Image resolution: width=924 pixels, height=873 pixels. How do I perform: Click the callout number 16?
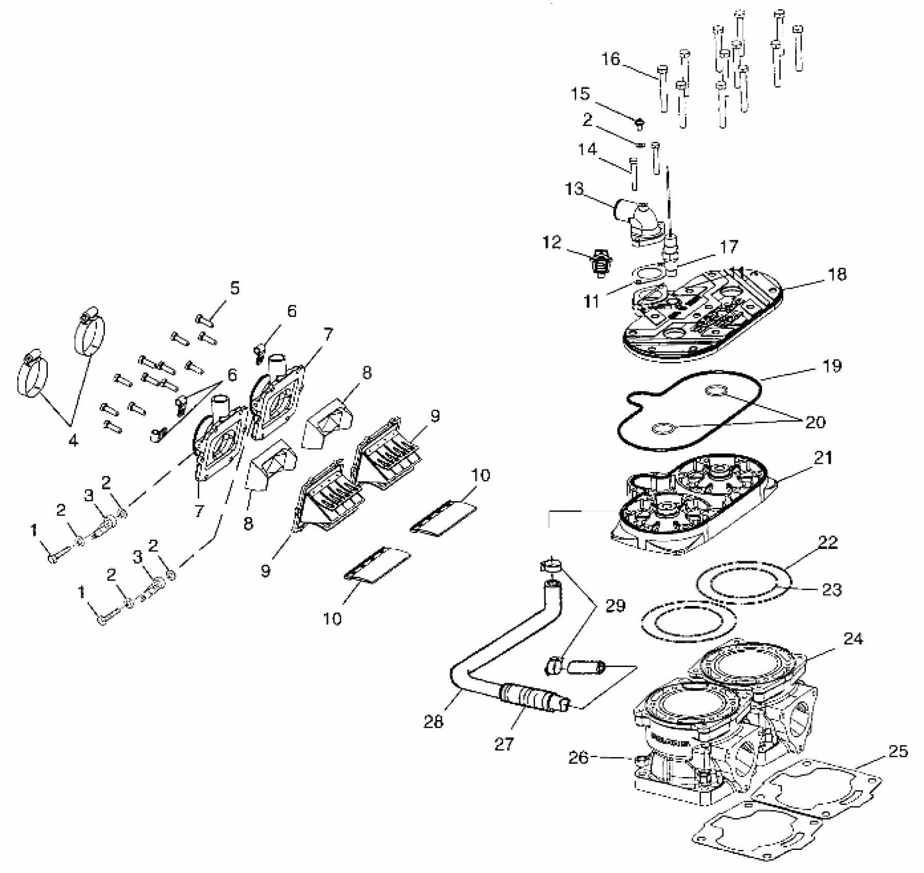611,59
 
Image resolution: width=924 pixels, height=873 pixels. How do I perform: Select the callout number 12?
552,242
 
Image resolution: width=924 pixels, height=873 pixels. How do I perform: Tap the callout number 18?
837,274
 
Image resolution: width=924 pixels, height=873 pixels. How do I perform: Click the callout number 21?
823,458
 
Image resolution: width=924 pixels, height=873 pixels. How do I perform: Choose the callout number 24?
853,639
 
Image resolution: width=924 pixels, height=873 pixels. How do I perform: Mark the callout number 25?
897,751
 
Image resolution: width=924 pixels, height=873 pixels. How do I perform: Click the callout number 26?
578,757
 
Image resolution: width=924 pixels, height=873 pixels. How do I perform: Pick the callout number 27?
504,744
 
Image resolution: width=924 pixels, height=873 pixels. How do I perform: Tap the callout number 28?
433,722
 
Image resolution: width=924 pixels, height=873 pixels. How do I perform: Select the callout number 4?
73,440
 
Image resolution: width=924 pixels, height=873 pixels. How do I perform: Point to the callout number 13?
574,189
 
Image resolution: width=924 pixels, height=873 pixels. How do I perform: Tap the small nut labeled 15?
639,123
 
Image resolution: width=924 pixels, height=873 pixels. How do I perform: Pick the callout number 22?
827,542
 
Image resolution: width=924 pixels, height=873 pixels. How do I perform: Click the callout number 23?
832,590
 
